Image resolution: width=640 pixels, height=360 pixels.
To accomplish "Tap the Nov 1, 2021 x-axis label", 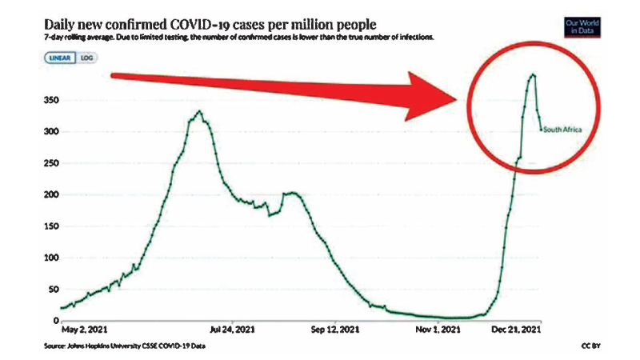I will (438, 329).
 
